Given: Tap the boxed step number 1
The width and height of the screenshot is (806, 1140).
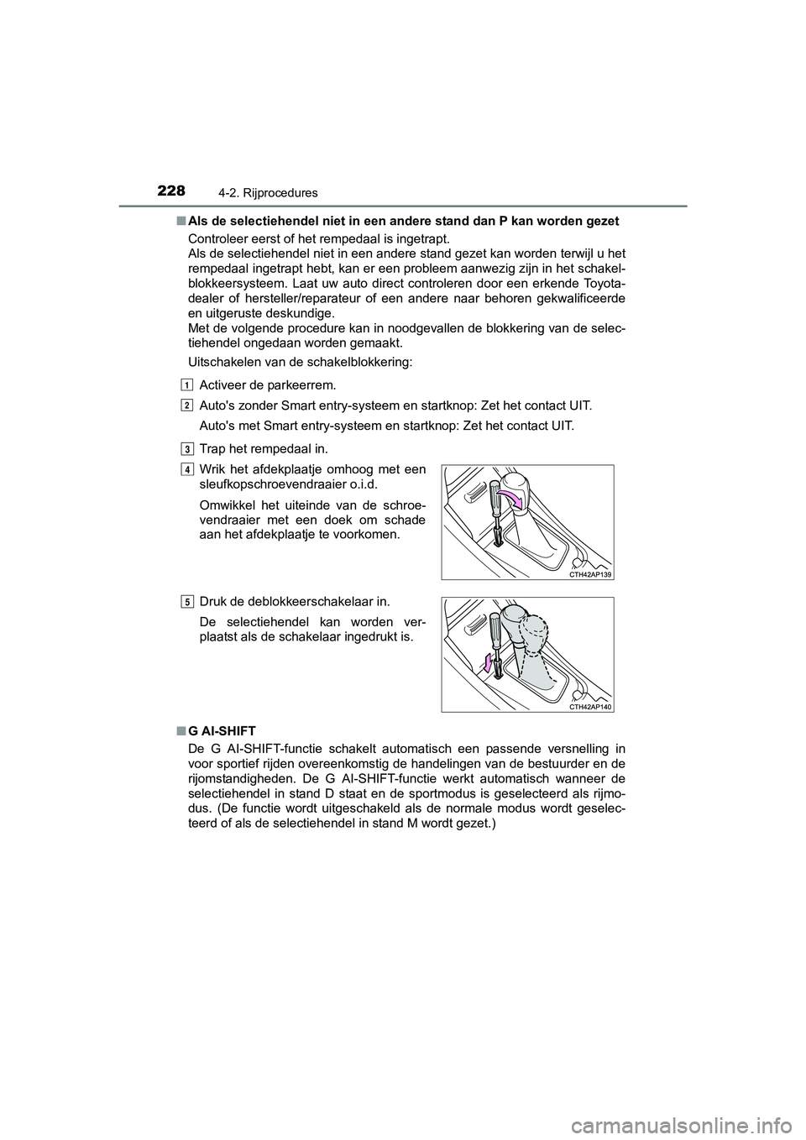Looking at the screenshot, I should click(x=185, y=384).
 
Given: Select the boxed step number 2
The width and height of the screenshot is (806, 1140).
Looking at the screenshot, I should click(x=185, y=405).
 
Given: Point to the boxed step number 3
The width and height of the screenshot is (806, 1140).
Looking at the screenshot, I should click(x=185, y=446).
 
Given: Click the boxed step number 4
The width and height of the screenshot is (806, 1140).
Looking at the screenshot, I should click(x=185, y=468).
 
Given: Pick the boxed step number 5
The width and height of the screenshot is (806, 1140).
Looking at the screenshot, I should click(x=185, y=600).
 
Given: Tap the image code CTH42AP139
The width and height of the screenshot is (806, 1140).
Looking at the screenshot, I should click(x=590, y=574).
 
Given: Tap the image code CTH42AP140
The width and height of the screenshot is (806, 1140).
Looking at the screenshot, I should click(x=590, y=707).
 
